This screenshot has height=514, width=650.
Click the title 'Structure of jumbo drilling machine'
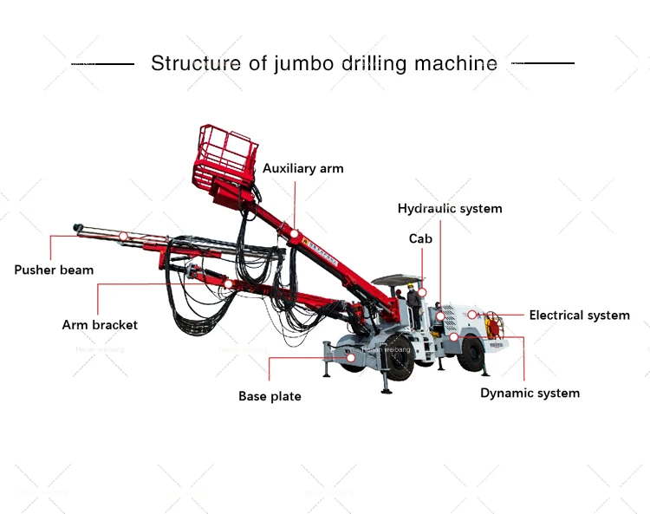[x=324, y=63]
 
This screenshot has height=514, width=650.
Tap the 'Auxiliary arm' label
[x=302, y=168]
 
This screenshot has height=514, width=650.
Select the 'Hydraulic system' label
[x=449, y=208]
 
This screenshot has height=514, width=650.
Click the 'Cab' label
[x=420, y=238]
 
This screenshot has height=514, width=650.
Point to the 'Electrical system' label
[x=579, y=315]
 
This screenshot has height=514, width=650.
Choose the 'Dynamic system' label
[x=530, y=393]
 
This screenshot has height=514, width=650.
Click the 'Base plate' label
[x=270, y=396]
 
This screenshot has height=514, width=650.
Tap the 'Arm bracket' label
[x=100, y=325]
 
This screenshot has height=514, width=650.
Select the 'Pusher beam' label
[x=54, y=270]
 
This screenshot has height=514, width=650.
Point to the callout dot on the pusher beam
[x=123, y=236]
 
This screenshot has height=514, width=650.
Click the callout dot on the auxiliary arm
[x=295, y=233]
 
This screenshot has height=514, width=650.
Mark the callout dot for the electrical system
[x=472, y=314]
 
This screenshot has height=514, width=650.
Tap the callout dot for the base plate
[x=351, y=356]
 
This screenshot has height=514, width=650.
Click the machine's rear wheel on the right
[x=471, y=353]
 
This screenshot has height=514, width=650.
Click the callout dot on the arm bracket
[x=227, y=283]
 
